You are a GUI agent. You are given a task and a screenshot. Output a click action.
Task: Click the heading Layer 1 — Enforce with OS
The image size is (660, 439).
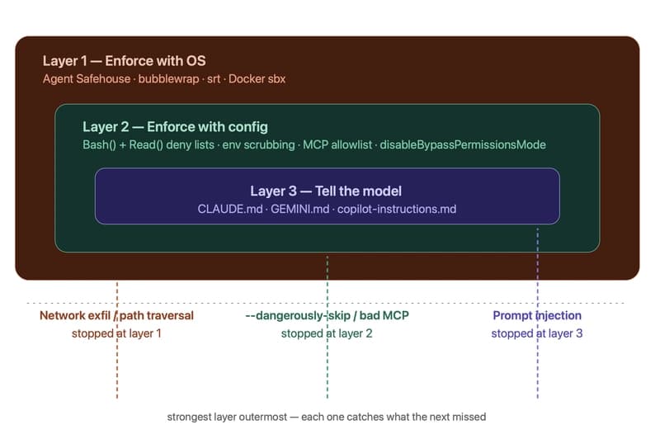(124, 61)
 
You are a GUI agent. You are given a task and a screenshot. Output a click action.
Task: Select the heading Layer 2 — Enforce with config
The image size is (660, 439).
(175, 127)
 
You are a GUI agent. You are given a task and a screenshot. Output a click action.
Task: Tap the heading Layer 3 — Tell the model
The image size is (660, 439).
(326, 191)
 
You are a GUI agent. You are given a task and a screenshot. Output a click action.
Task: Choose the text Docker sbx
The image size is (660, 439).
(257, 79)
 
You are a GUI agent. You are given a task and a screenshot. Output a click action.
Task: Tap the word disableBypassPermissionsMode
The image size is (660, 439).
(463, 145)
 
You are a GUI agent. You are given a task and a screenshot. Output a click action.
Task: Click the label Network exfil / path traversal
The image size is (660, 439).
(116, 316)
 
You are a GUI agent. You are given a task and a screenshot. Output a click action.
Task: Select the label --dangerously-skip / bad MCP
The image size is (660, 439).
(328, 316)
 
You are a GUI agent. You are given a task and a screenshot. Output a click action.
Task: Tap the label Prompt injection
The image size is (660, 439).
(537, 316)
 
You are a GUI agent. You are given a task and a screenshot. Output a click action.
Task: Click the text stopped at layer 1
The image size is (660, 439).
(116, 333)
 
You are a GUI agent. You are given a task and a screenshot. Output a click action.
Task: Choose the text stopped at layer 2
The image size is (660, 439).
(328, 333)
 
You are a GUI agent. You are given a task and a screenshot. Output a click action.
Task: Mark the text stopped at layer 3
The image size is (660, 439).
(537, 333)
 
